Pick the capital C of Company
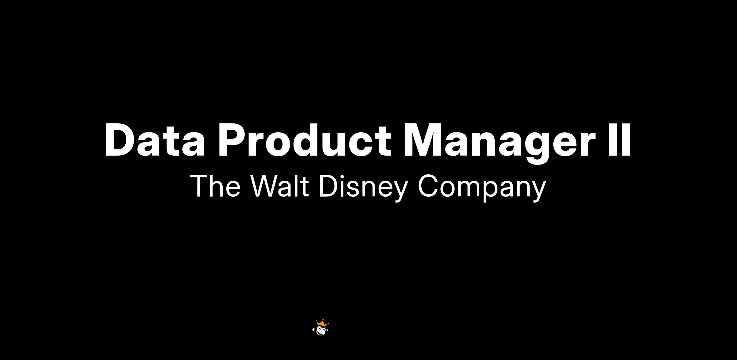click(x=428, y=186)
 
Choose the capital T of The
click(x=199, y=186)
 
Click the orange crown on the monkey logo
click(x=322, y=323)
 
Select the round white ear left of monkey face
click(x=314, y=330)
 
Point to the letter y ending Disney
click(x=400, y=192)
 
